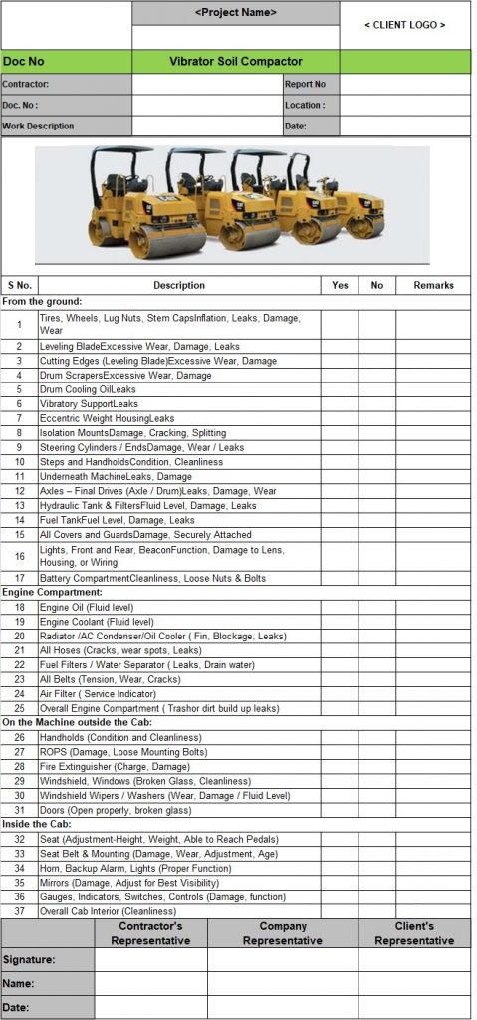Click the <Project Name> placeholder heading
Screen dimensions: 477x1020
[x=236, y=12]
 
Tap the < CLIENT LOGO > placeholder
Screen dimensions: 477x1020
[x=404, y=25]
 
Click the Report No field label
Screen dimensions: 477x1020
[x=305, y=85]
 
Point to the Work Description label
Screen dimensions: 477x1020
[x=38, y=127]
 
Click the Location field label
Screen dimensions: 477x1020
[x=305, y=105]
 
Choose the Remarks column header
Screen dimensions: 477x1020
[x=433, y=285]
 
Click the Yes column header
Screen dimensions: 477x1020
[x=340, y=285]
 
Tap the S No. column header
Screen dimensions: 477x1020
[x=19, y=285]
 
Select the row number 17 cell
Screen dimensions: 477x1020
[x=19, y=578]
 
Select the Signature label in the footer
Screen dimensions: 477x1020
[x=28, y=960]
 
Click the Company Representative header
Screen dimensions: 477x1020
[x=283, y=933]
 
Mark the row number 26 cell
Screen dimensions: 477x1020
[x=19, y=737]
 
